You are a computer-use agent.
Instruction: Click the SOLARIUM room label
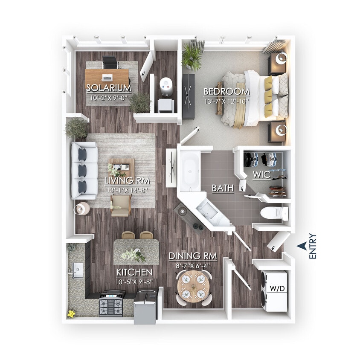click(x=108, y=88)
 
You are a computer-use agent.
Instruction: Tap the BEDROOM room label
click(x=226, y=91)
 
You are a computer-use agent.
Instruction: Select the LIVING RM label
click(x=127, y=180)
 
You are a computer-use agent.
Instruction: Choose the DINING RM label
click(x=193, y=256)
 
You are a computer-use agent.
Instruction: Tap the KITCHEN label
click(x=134, y=272)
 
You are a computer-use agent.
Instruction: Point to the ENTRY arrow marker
click(x=302, y=245)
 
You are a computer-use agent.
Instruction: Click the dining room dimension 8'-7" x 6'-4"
click(x=193, y=265)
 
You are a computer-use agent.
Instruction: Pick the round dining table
click(x=194, y=287)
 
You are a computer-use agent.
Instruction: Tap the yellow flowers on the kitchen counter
click(x=71, y=314)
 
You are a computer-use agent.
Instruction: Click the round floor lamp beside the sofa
click(x=82, y=209)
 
